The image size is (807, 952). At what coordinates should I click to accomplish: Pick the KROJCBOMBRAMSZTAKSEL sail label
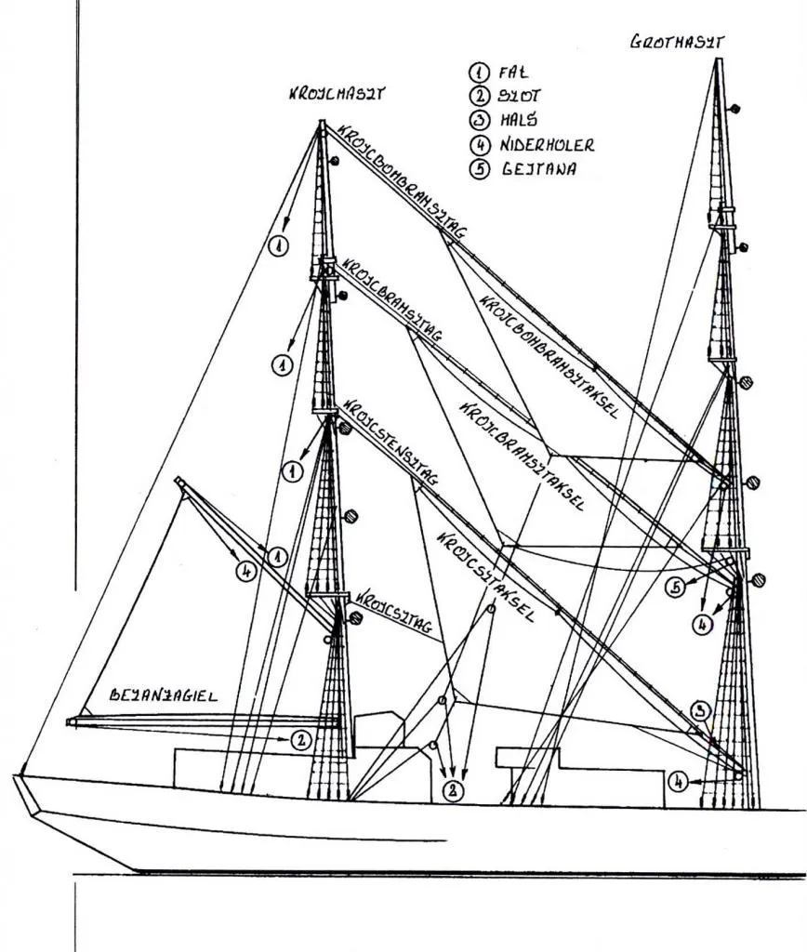pos(549,358)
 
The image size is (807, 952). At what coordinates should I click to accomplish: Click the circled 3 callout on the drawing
pos(704,712)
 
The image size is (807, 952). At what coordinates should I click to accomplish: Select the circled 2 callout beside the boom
pos(300,740)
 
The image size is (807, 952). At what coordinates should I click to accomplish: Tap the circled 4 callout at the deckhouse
pos(681,783)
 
